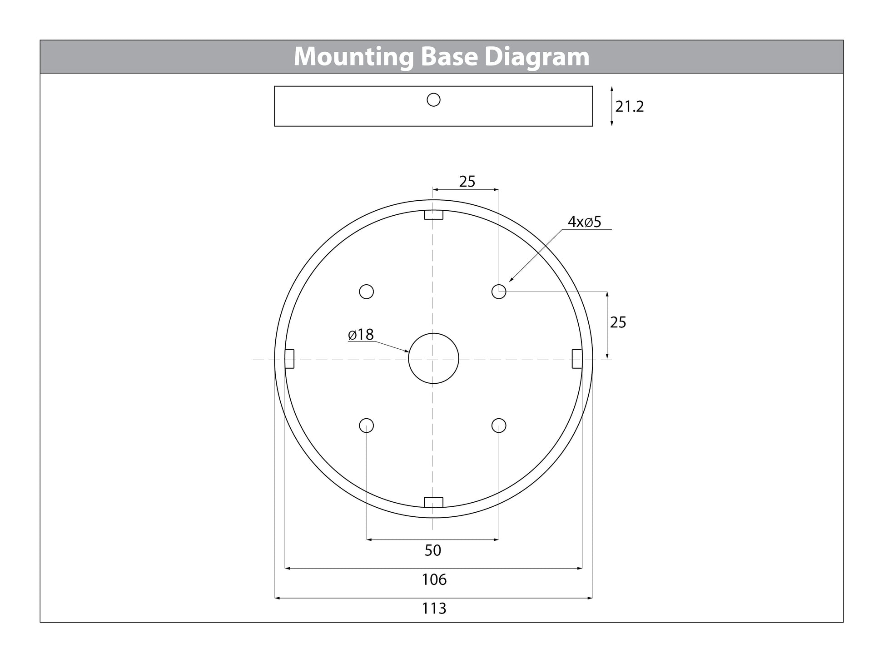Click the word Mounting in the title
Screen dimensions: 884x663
(353, 57)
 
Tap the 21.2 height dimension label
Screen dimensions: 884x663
(630, 107)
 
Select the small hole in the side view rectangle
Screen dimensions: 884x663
(434, 99)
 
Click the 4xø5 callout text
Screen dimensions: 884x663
(584, 222)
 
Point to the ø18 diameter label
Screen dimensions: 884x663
(361, 335)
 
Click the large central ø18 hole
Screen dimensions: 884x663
(434, 358)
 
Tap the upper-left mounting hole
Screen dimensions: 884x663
(367, 292)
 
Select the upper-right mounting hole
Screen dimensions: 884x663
(499, 292)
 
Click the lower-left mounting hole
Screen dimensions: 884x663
(367, 426)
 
